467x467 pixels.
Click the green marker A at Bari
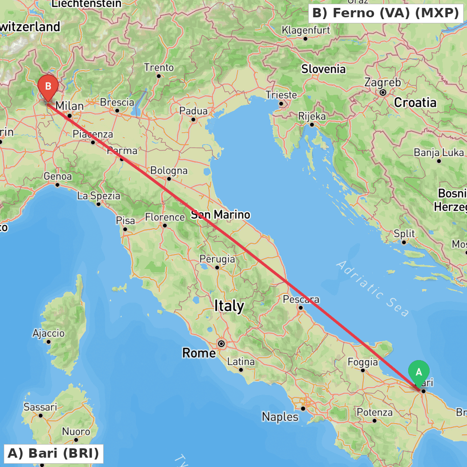pos(419,372)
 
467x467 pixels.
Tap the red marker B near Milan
pos(48,87)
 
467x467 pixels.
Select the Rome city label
pos(199,353)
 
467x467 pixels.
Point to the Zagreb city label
pos(382,83)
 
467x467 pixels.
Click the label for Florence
pos(165,217)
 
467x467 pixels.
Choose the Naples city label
pos(280,417)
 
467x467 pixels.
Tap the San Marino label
pos(220,215)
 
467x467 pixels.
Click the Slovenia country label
pos(323,69)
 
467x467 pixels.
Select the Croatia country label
pos(415,102)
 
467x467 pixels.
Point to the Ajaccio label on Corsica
pos(49,333)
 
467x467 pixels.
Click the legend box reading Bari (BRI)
pos(53,453)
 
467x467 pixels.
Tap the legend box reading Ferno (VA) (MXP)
pos(385,13)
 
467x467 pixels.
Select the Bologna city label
pos(169,170)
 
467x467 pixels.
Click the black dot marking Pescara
pos(301,307)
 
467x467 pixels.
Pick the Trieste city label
pos(281,95)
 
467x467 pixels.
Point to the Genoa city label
pos(57,177)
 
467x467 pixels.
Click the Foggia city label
pos(363,362)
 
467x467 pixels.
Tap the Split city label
pos(404,233)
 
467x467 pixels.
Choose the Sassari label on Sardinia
pos(40,407)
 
